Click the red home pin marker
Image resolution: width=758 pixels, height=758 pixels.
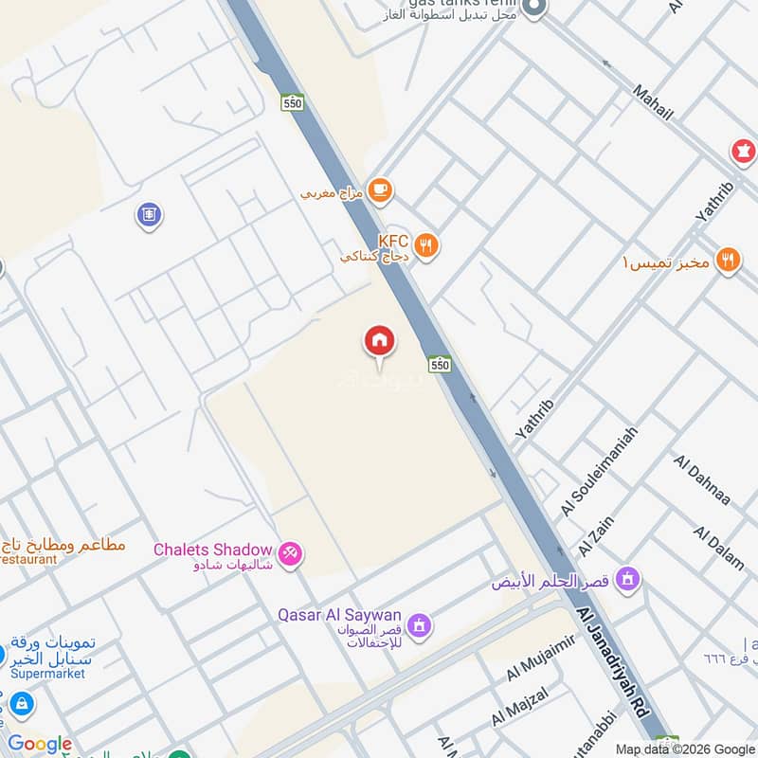380,341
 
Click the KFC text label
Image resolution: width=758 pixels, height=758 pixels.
392,242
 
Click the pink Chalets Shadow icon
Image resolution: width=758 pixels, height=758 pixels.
290,552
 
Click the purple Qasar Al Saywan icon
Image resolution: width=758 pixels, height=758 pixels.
420,625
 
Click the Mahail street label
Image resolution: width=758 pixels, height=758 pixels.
653,101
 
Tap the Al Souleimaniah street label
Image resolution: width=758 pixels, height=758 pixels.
599,471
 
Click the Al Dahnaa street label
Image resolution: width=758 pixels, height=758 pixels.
702,480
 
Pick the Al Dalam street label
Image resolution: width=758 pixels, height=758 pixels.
720,547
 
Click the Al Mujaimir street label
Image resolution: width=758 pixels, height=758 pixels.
541,659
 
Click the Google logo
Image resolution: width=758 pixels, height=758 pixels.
40,745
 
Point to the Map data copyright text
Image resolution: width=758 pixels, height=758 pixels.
684,749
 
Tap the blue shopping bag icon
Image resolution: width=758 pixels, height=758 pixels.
21,704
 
